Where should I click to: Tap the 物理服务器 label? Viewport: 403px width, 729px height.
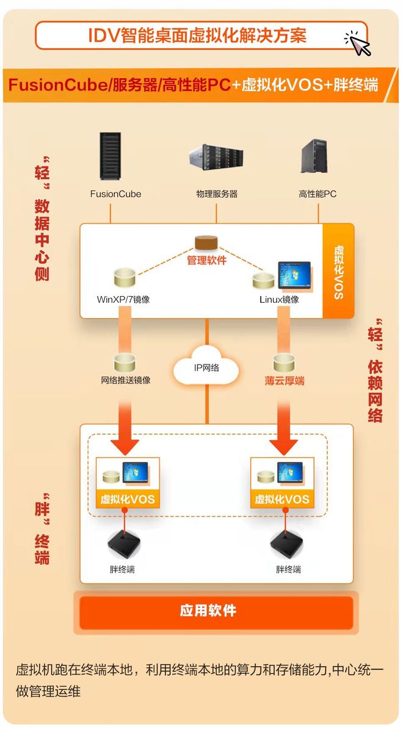(217, 194)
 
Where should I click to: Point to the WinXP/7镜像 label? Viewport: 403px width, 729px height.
(123, 300)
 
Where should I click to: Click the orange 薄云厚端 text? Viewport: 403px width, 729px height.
(285, 380)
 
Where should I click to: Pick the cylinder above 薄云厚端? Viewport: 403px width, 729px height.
(284, 362)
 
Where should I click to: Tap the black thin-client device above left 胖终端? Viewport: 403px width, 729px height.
(124, 542)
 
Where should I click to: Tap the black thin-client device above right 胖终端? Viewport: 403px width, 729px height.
(288, 542)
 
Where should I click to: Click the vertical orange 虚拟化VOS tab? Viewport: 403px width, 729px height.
(338, 272)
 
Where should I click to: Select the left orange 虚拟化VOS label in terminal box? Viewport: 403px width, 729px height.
(128, 499)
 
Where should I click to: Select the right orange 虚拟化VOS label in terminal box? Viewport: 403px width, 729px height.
(282, 499)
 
